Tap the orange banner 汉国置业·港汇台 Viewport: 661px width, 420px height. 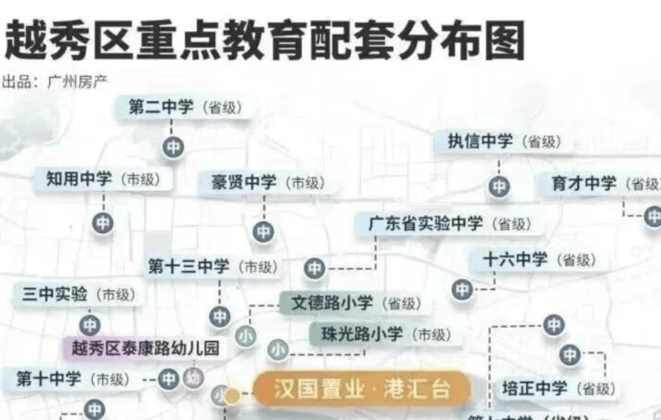361,390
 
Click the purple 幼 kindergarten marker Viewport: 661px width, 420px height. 193,379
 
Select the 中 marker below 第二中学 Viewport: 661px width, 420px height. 173,147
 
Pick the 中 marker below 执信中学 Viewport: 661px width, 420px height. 499,186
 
